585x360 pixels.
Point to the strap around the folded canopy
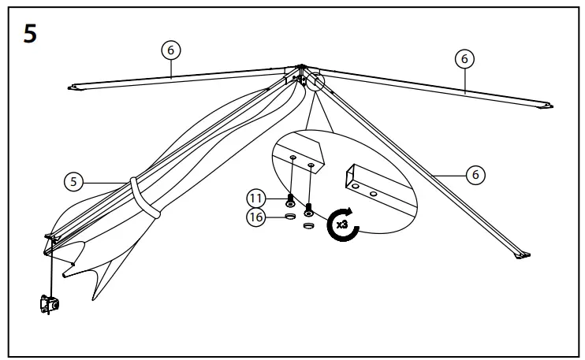pyautogui.click(x=146, y=199)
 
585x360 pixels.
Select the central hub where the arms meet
pyautogui.click(x=301, y=72)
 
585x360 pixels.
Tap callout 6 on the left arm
pyautogui.click(x=170, y=49)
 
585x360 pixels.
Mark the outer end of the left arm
pyautogui.click(x=77, y=87)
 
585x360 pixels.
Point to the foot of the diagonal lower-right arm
pyautogui.click(x=521, y=253)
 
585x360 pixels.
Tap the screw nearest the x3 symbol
pyautogui.click(x=310, y=209)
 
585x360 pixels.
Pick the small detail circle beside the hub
pyautogui.click(x=315, y=82)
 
